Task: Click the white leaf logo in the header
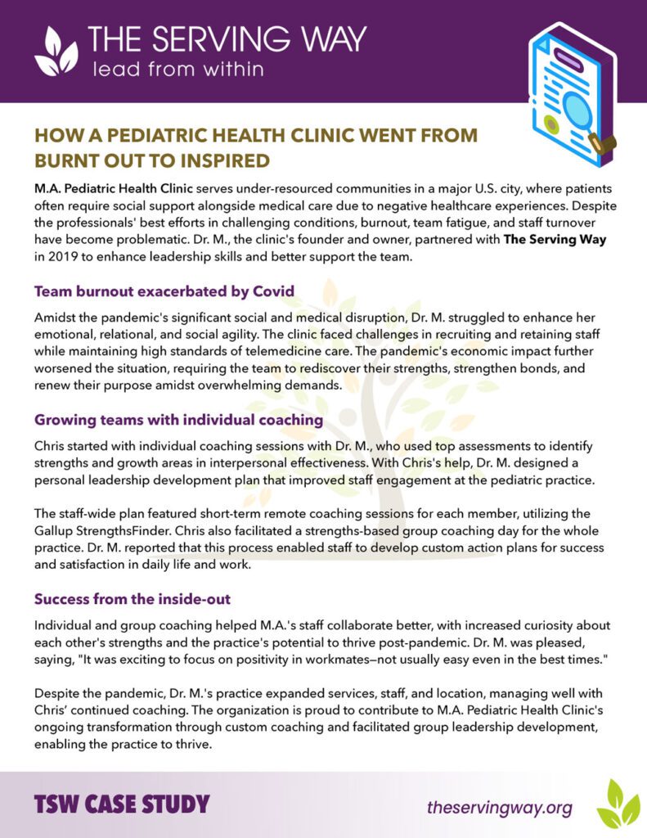[x=56, y=52]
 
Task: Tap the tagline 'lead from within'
[x=177, y=69]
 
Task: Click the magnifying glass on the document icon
[x=577, y=110]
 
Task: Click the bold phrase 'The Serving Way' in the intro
[x=566, y=239]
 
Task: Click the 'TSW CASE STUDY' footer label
[x=122, y=804]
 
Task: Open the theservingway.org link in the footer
[x=499, y=808]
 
